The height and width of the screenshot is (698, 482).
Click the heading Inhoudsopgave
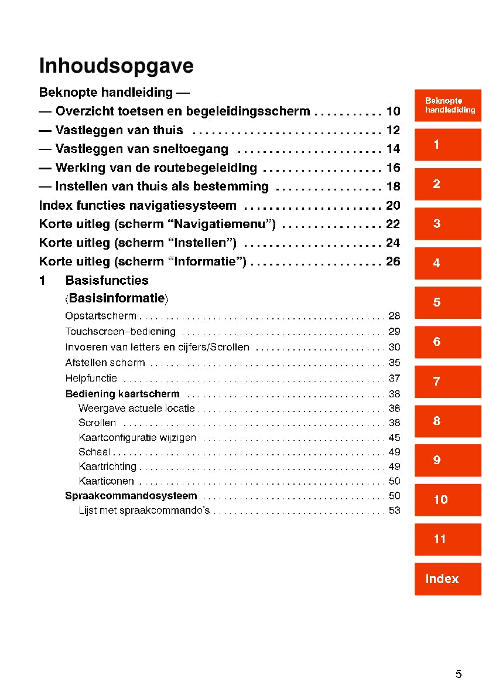[116, 67]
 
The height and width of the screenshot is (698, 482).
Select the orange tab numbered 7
[447, 382]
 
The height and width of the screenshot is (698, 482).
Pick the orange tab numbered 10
[447, 500]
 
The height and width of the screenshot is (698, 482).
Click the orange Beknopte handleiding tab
[447, 105]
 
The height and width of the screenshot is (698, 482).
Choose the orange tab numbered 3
[447, 223]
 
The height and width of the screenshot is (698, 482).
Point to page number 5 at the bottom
[459, 674]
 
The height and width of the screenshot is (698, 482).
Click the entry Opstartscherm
[101, 316]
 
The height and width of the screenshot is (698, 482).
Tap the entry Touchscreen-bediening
[120, 332]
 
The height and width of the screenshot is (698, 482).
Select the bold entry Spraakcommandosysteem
[131, 496]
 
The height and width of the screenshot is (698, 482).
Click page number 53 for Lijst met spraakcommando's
[394, 510]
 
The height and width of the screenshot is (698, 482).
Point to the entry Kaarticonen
[106, 481]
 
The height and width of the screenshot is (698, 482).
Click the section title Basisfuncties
[107, 280]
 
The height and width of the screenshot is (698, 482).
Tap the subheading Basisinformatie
[117, 298]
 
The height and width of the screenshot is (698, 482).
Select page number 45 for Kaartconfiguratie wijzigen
[394, 438]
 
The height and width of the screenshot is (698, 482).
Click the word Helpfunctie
[91, 378]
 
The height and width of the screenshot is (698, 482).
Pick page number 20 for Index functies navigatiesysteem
[393, 206]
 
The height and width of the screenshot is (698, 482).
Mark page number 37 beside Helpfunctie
[394, 378]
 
